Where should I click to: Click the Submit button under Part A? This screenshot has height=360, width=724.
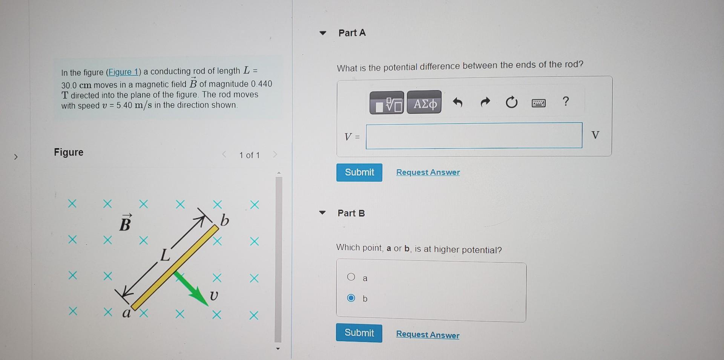click(359, 172)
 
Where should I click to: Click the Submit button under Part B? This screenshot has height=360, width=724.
click(359, 333)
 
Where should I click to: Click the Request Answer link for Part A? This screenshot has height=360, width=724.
click(428, 172)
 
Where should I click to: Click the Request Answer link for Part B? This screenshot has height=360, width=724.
click(428, 334)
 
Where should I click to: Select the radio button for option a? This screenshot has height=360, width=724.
click(351, 277)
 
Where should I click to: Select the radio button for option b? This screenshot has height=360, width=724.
click(351, 298)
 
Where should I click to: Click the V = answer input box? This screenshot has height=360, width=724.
click(474, 135)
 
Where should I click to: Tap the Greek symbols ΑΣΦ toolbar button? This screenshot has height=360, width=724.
click(424, 103)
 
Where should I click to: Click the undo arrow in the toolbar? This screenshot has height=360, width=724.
click(457, 102)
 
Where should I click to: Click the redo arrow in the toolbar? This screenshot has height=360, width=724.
click(485, 102)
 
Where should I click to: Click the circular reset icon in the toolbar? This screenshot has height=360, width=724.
click(511, 102)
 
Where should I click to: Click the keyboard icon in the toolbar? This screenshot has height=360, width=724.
click(538, 103)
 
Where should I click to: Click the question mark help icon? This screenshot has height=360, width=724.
click(565, 101)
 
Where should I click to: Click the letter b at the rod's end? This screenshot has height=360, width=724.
click(224, 220)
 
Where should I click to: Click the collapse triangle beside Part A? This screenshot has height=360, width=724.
click(322, 33)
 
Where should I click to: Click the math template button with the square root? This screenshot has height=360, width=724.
click(387, 103)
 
